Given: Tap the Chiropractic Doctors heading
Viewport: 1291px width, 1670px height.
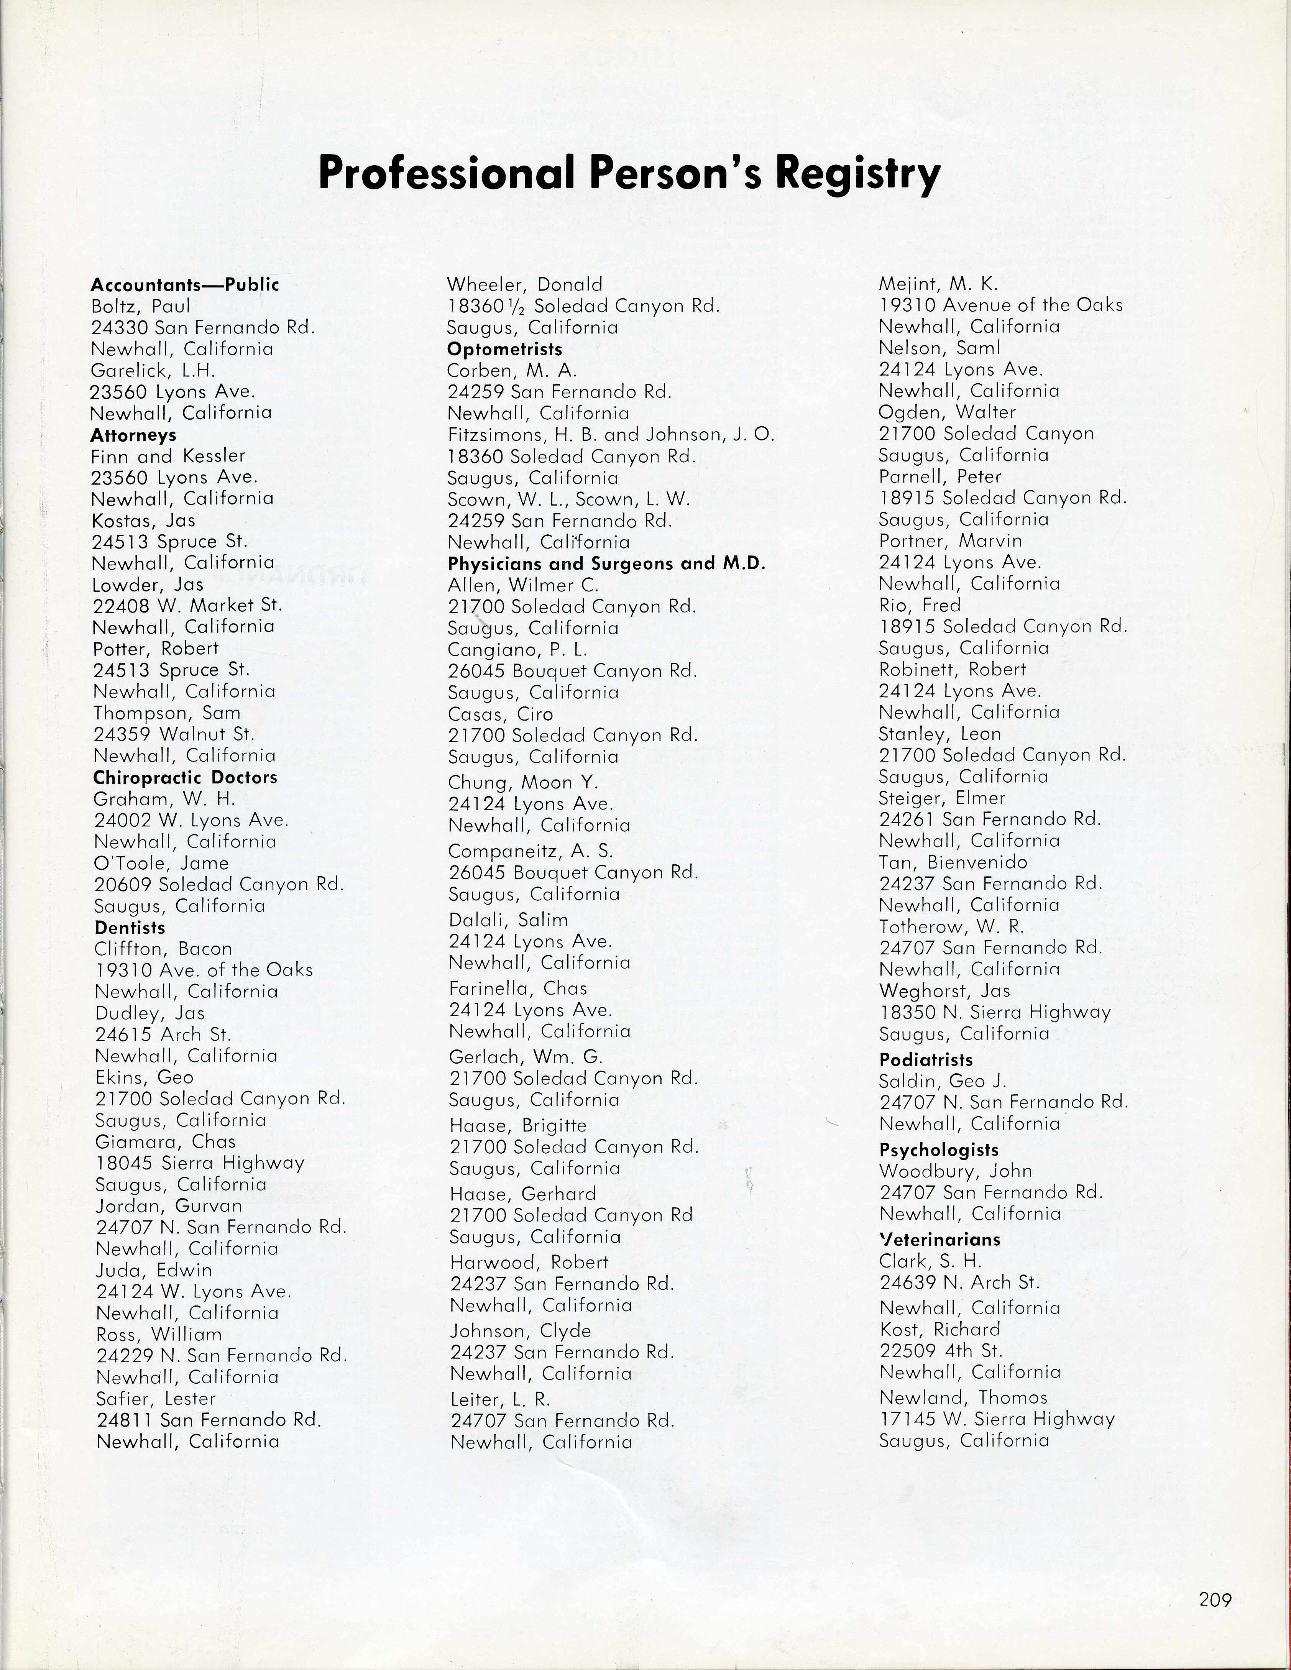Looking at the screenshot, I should (x=185, y=778).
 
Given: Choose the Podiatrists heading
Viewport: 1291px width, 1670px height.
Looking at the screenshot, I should (x=925, y=1060).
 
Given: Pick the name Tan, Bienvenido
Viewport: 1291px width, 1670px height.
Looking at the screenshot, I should (x=953, y=862).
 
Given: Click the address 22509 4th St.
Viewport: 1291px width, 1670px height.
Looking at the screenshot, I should (x=940, y=1351).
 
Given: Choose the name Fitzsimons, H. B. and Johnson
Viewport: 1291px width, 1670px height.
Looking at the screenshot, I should (x=610, y=435).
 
